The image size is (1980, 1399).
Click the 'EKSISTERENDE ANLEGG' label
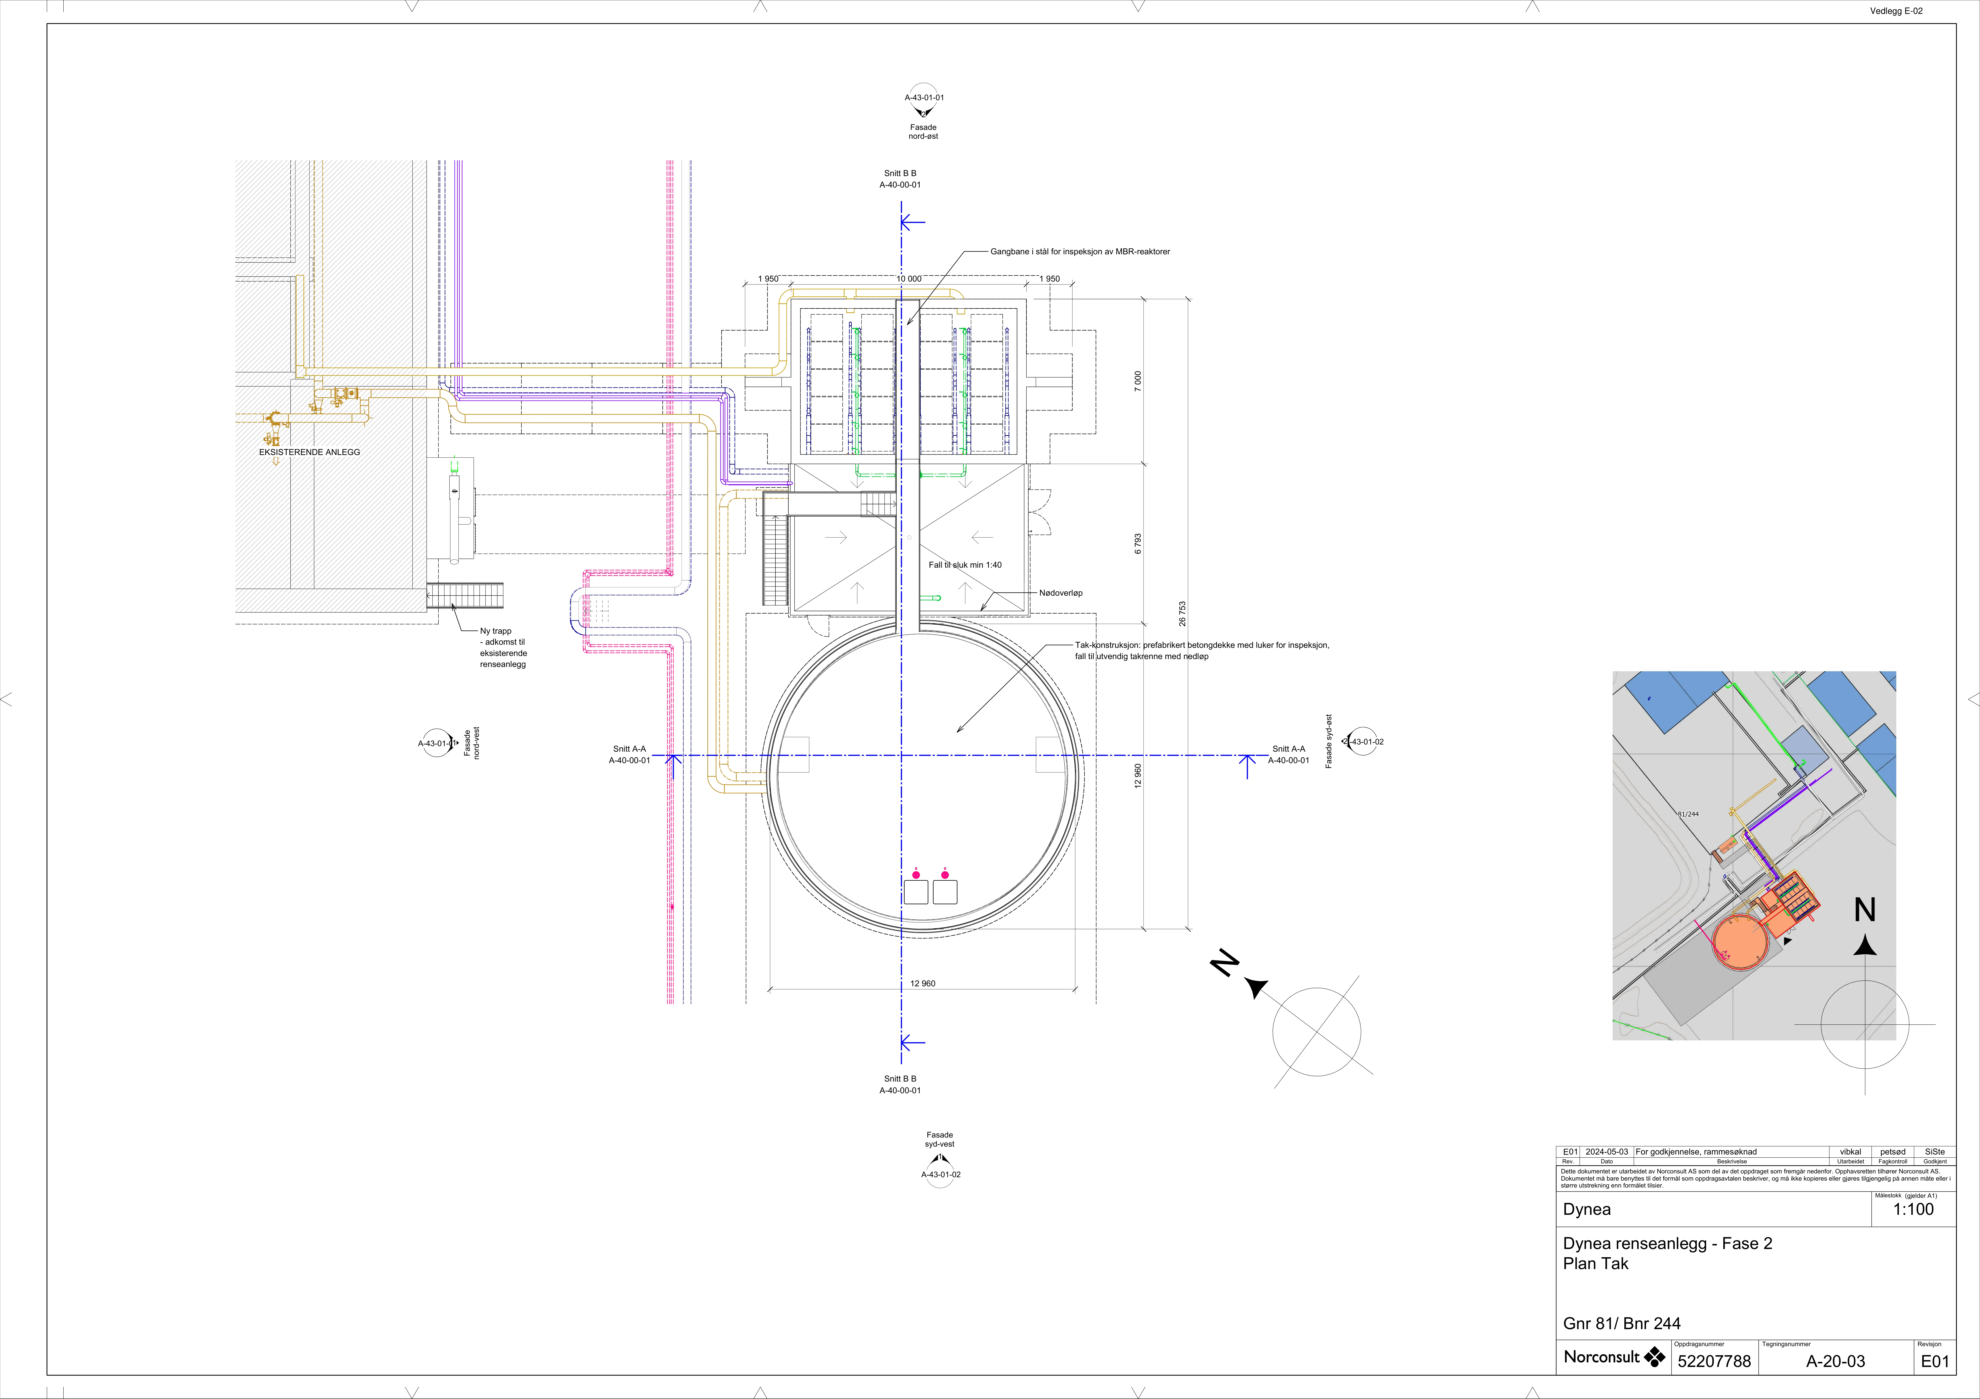pos(310,452)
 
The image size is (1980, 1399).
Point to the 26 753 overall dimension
pos(1182,613)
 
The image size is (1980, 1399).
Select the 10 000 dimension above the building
pos(909,279)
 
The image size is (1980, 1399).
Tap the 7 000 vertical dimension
pos(1138,381)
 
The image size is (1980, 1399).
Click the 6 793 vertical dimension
pos(1138,543)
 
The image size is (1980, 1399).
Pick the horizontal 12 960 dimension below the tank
pos(923,983)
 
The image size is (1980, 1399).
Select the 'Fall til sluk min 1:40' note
pos(965,565)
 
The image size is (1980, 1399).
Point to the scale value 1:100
pos(1914,1209)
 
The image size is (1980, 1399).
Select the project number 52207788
pos(1715,1361)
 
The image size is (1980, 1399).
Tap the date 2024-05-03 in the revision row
pos(1607,1151)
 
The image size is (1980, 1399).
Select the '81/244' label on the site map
pos(1688,814)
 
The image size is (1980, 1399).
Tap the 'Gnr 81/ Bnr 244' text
pos(1621,1323)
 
